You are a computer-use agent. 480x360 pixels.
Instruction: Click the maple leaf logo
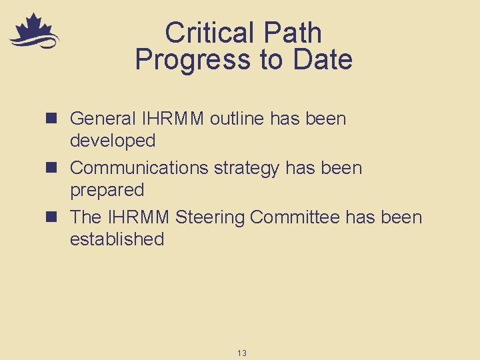click(x=33, y=32)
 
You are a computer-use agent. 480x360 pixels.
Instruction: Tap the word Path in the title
click(x=293, y=33)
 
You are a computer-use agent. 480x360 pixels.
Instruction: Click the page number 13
click(x=241, y=353)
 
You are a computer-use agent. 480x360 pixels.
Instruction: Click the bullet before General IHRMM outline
click(x=55, y=119)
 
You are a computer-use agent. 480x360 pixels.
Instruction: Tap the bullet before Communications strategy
click(x=55, y=168)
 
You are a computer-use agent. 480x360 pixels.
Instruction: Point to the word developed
click(x=113, y=141)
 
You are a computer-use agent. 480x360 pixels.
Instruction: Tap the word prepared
click(x=107, y=191)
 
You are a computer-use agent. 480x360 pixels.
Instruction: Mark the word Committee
click(x=297, y=217)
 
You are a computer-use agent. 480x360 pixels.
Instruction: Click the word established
click(x=117, y=239)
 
